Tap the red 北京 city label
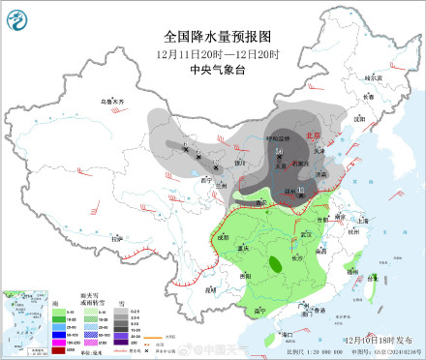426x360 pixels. pyautogui.click(x=311, y=136)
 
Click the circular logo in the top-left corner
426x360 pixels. pyautogui.click(x=18, y=16)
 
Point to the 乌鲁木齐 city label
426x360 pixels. pyautogui.click(x=114, y=102)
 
